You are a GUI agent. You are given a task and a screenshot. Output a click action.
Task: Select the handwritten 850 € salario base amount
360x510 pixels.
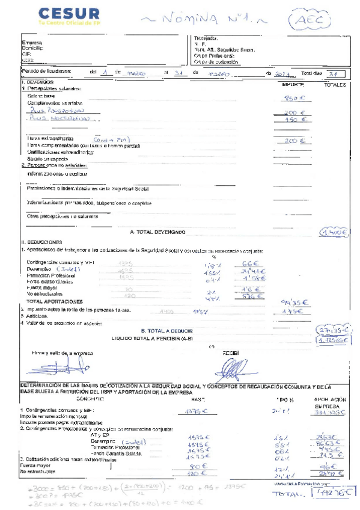click(x=292, y=98)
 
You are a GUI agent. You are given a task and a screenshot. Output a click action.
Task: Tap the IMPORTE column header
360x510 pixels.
click(x=293, y=85)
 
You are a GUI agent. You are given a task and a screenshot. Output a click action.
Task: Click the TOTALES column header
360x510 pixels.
click(x=335, y=85)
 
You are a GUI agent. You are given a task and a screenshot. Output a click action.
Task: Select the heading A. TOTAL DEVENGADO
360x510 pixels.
click(x=157, y=232)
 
